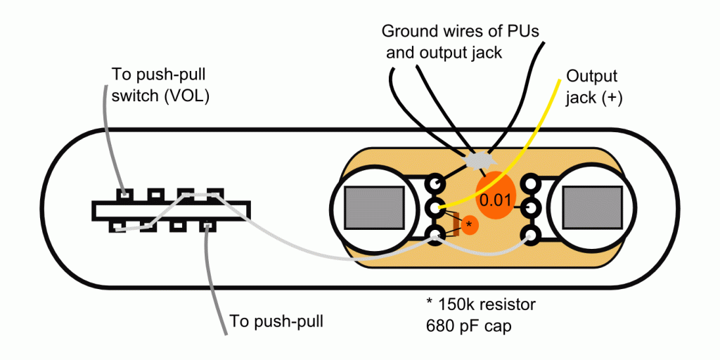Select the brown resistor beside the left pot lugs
tap(456, 224)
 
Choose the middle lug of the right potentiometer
tap(528, 209)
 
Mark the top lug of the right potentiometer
tap(528, 184)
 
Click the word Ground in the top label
tap(407, 32)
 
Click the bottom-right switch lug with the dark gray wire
tap(208, 226)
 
